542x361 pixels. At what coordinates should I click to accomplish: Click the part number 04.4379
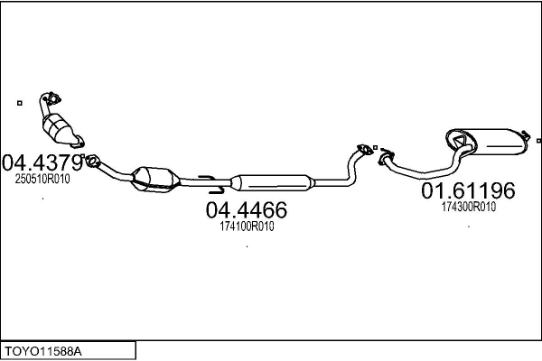point(42,163)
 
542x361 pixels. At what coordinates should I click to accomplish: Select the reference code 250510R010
point(42,179)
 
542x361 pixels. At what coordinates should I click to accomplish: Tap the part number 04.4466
point(247,211)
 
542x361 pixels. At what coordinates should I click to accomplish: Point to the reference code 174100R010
point(247,227)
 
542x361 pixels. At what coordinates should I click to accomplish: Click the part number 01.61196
point(468,191)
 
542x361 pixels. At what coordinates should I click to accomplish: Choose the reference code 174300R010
point(468,207)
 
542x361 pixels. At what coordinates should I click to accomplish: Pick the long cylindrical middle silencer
point(270,181)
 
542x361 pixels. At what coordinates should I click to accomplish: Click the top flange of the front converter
point(51,97)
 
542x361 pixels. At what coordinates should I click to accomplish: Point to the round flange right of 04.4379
point(90,162)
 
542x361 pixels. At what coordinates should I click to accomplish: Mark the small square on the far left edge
point(20,102)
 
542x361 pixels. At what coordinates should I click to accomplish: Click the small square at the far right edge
point(538,141)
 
